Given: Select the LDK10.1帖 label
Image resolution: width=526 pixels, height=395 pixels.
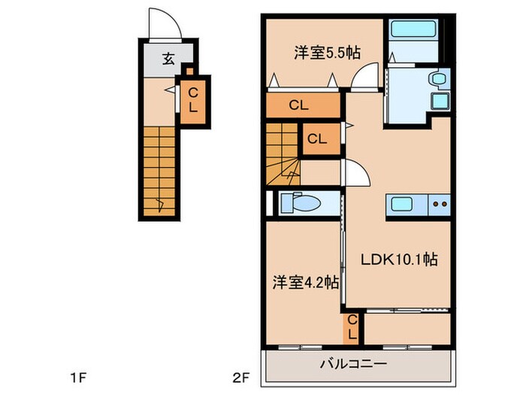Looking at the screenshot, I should [x=398, y=260].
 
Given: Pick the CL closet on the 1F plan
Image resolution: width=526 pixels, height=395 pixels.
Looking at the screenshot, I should [x=193, y=100].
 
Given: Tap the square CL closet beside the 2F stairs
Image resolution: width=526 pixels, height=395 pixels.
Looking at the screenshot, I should [x=316, y=139].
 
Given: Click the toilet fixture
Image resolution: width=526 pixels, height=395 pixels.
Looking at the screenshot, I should [x=304, y=204].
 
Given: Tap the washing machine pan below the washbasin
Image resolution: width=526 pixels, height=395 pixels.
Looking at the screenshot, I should [x=438, y=101].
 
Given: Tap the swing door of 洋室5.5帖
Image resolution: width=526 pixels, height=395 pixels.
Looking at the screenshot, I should [x=365, y=76].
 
